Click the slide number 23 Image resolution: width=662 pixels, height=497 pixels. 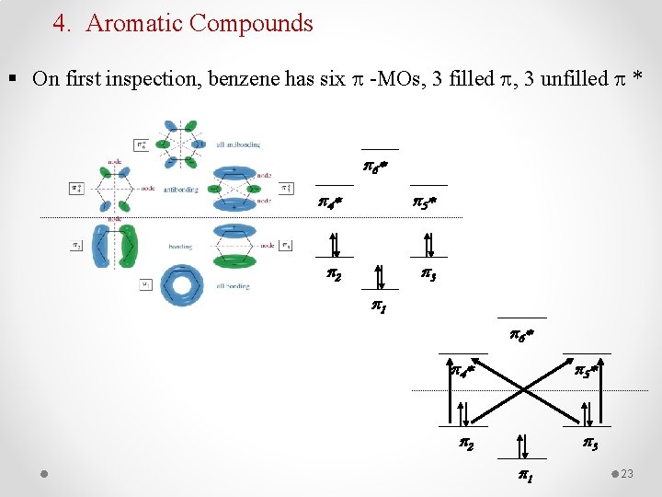[628, 474]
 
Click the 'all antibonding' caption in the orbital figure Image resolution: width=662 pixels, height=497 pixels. [237, 144]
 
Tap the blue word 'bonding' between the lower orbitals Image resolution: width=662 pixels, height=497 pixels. [180, 247]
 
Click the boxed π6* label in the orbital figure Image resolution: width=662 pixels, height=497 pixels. [140, 144]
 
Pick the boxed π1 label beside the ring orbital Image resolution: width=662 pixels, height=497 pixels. [145, 284]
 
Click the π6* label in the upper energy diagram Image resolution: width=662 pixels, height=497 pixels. [375, 168]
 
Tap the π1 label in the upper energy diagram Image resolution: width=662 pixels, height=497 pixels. [378, 306]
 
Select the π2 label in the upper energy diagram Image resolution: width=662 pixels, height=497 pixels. [335, 274]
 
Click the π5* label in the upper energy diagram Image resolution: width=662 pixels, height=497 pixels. [424, 200]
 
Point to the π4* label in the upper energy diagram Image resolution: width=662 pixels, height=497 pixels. [331, 200]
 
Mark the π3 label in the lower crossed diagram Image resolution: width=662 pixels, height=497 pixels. [589, 445]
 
